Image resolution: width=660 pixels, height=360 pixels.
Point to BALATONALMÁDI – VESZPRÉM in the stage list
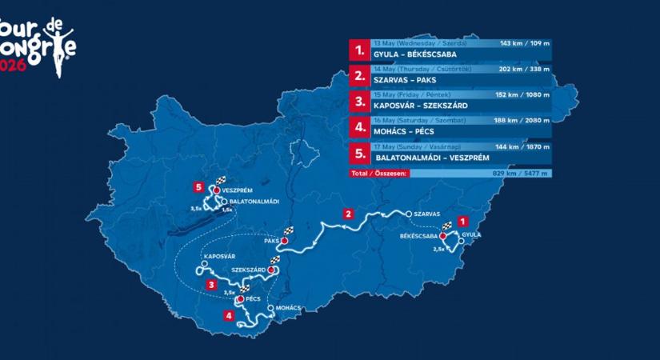coord(430,158)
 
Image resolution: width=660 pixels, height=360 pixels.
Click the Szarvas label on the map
coord(425,214)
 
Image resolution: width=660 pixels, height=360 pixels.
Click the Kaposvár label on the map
coord(219,256)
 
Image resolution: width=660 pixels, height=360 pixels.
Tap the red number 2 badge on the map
coord(348,214)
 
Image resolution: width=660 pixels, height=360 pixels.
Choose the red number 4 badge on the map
coord(230,315)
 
